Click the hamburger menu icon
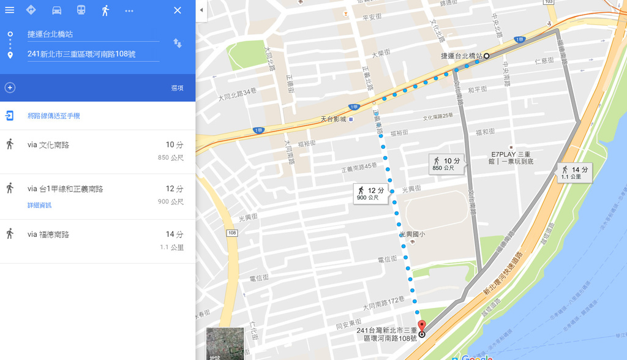[x=10, y=10]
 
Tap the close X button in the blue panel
[x=178, y=10]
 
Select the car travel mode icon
[x=56, y=10]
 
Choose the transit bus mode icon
[x=81, y=10]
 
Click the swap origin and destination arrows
[x=178, y=43]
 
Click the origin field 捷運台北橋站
[x=92, y=34]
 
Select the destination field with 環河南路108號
[x=92, y=54]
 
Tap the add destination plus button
[x=10, y=88]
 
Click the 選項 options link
[x=177, y=88]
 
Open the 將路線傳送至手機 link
[x=54, y=116]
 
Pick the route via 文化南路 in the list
[x=92, y=151]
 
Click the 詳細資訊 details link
[x=39, y=205]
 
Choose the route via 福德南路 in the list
[x=92, y=241]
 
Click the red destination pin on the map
[x=421, y=325]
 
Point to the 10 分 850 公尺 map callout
[x=446, y=164]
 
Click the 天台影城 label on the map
[x=334, y=119]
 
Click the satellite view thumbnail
[x=225, y=343]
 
